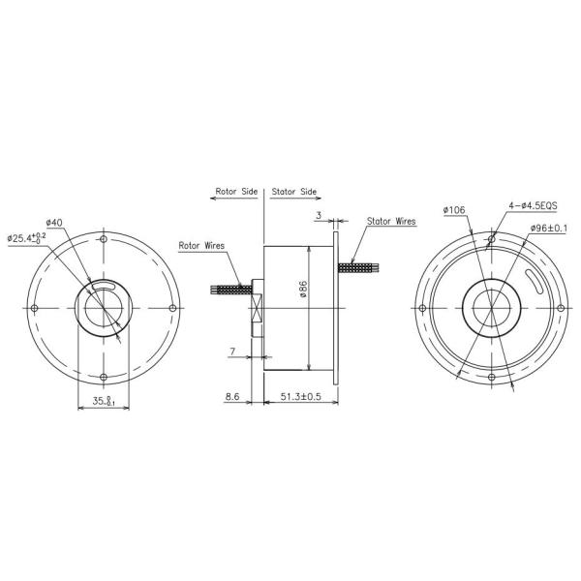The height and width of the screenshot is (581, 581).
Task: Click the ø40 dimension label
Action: (x=54, y=223)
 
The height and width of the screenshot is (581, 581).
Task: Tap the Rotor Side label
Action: (x=235, y=192)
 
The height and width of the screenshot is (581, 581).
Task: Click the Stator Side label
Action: (x=294, y=192)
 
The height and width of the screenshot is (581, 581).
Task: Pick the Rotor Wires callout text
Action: (x=202, y=246)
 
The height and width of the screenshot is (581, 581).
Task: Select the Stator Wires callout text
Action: (x=391, y=221)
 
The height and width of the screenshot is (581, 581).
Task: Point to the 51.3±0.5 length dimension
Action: (x=301, y=397)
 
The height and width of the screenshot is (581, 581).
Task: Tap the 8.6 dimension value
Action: (x=232, y=397)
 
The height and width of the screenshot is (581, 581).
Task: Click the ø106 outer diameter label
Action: (x=455, y=209)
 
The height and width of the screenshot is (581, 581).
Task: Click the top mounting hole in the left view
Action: (x=104, y=238)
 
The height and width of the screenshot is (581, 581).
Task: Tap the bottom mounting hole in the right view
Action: (x=492, y=377)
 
